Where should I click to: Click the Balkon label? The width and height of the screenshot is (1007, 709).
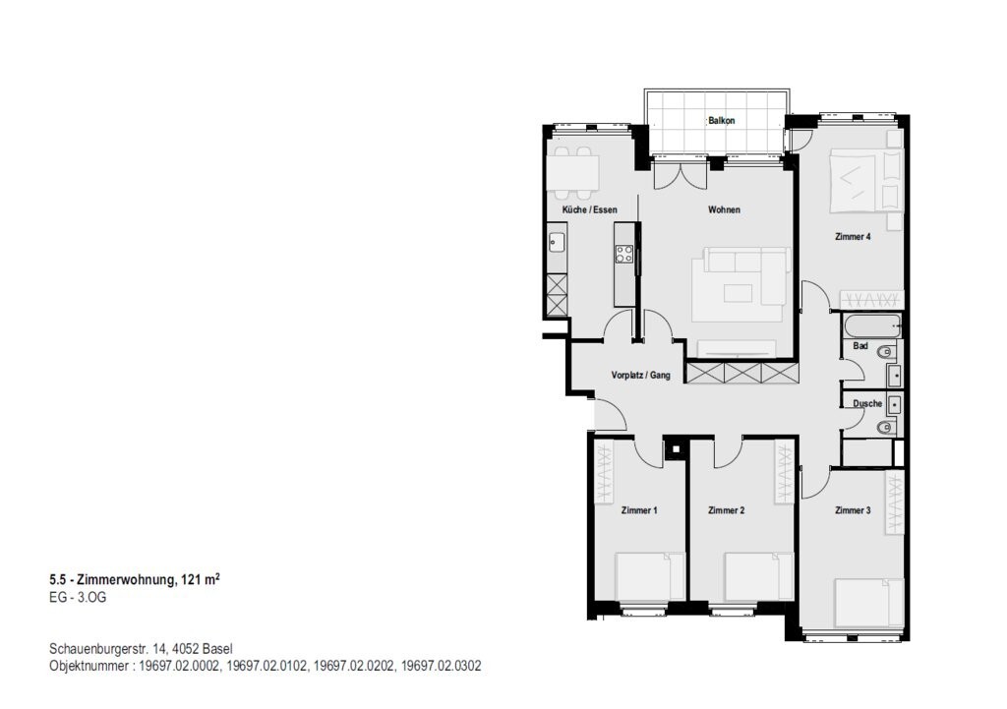pos(721,121)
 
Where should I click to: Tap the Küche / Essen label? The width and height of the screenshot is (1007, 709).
pos(590,210)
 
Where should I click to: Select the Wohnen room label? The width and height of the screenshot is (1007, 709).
pos(724,210)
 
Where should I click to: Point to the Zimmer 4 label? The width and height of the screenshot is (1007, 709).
pos(853,236)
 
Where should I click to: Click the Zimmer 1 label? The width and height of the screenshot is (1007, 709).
pos(639,510)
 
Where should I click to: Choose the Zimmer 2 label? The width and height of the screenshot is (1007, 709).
pos(727,510)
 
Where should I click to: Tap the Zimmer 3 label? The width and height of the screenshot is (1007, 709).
pos(853,510)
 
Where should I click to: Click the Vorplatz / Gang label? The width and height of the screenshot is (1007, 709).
pos(640,375)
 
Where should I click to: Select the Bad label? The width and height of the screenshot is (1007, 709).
pos(860,346)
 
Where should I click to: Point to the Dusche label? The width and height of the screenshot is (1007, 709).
pos(867,404)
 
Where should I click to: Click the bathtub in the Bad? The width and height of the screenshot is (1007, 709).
pos(873,325)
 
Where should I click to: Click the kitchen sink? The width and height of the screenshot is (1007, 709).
pos(557,242)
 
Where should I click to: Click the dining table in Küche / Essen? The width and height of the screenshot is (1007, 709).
pos(573,173)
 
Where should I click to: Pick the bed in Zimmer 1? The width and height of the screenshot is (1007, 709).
pos(643,576)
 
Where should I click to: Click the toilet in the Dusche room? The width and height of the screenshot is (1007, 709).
pos(886,427)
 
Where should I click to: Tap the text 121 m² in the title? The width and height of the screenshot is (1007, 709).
pos(201,580)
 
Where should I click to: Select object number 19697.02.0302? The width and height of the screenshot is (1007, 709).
pos(442,666)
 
